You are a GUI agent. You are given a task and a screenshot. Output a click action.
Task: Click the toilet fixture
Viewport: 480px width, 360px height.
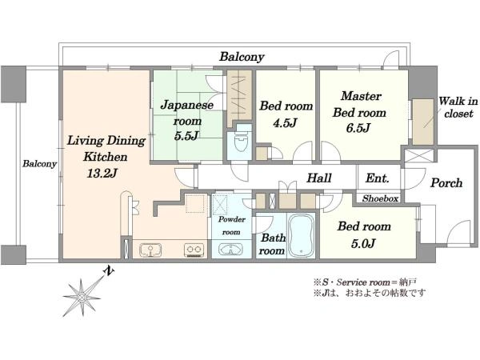tap(240, 140)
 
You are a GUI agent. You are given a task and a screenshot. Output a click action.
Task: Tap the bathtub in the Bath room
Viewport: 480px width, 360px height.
tap(302, 235)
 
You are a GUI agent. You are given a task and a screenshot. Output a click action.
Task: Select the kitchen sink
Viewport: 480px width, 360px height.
tap(150, 250)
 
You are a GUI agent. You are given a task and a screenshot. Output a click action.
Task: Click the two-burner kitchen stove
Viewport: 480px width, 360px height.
tap(194, 250)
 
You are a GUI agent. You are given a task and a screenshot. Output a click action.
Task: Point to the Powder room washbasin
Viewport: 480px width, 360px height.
tap(230, 250)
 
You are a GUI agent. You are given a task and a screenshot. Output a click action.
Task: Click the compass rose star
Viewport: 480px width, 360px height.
tap(82, 297)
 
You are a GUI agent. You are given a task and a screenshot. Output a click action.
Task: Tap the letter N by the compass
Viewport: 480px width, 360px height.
tap(109, 271)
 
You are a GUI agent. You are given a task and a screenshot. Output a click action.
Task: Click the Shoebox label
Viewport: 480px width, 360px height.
tap(381, 198)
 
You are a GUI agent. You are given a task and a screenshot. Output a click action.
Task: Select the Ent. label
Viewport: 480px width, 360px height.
tap(377, 178)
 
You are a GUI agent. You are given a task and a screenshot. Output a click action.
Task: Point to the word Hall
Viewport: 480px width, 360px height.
tap(319, 178)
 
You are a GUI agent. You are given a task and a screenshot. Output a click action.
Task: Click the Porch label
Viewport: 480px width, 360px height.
tap(446, 183)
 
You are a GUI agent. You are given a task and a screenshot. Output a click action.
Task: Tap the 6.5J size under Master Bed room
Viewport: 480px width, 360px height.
tap(358, 127)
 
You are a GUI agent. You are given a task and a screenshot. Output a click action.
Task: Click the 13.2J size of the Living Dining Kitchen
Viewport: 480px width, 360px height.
tap(102, 174)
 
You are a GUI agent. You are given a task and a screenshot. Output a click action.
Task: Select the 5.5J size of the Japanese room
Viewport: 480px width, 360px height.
tap(186, 136)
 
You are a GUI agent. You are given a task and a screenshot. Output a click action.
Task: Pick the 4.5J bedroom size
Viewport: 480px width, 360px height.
tap(285, 122)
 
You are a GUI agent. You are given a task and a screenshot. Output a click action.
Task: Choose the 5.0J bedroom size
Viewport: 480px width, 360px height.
tap(363, 243)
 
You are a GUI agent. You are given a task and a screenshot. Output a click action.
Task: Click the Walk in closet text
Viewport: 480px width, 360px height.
tap(458, 107)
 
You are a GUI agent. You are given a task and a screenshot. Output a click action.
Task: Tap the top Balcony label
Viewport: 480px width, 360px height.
tap(242, 57)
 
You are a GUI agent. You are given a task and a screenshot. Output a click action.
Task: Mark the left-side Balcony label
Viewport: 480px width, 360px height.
tap(39, 164)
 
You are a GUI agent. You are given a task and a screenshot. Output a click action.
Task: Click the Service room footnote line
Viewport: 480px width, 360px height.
tap(365, 282)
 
